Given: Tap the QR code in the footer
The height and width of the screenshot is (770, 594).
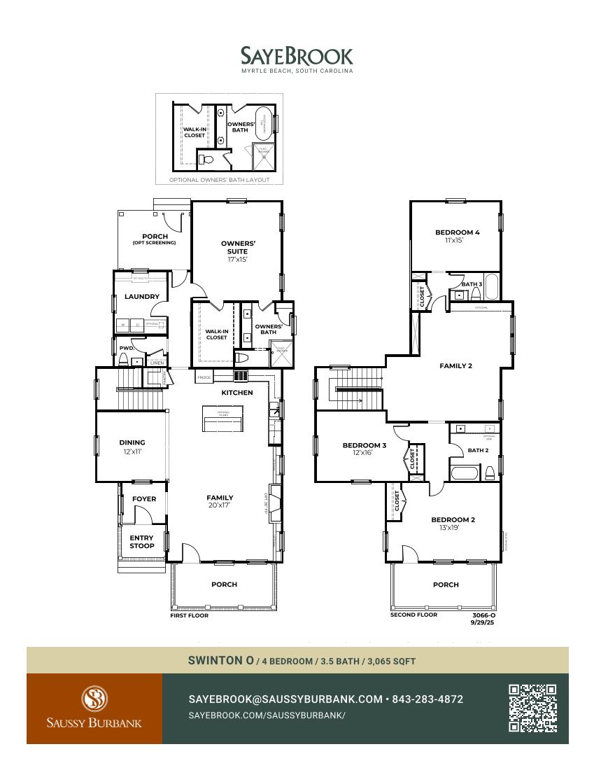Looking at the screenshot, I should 532,708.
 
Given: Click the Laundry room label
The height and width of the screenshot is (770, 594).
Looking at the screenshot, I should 142,297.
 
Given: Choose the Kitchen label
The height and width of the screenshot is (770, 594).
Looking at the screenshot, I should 237,393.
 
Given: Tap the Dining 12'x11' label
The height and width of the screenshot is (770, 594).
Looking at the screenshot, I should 132,447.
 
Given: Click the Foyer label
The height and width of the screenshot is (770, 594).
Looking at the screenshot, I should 144,499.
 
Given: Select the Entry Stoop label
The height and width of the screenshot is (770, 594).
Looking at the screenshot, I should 142,542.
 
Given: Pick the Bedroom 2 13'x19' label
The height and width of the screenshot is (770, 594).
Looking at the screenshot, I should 453,524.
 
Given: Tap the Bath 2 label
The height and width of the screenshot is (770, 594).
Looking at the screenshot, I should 478,451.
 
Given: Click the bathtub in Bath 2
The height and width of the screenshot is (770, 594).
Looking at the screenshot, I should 464,473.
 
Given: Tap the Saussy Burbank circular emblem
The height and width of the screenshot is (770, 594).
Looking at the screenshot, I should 94,698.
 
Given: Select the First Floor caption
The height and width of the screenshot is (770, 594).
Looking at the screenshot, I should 190,616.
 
